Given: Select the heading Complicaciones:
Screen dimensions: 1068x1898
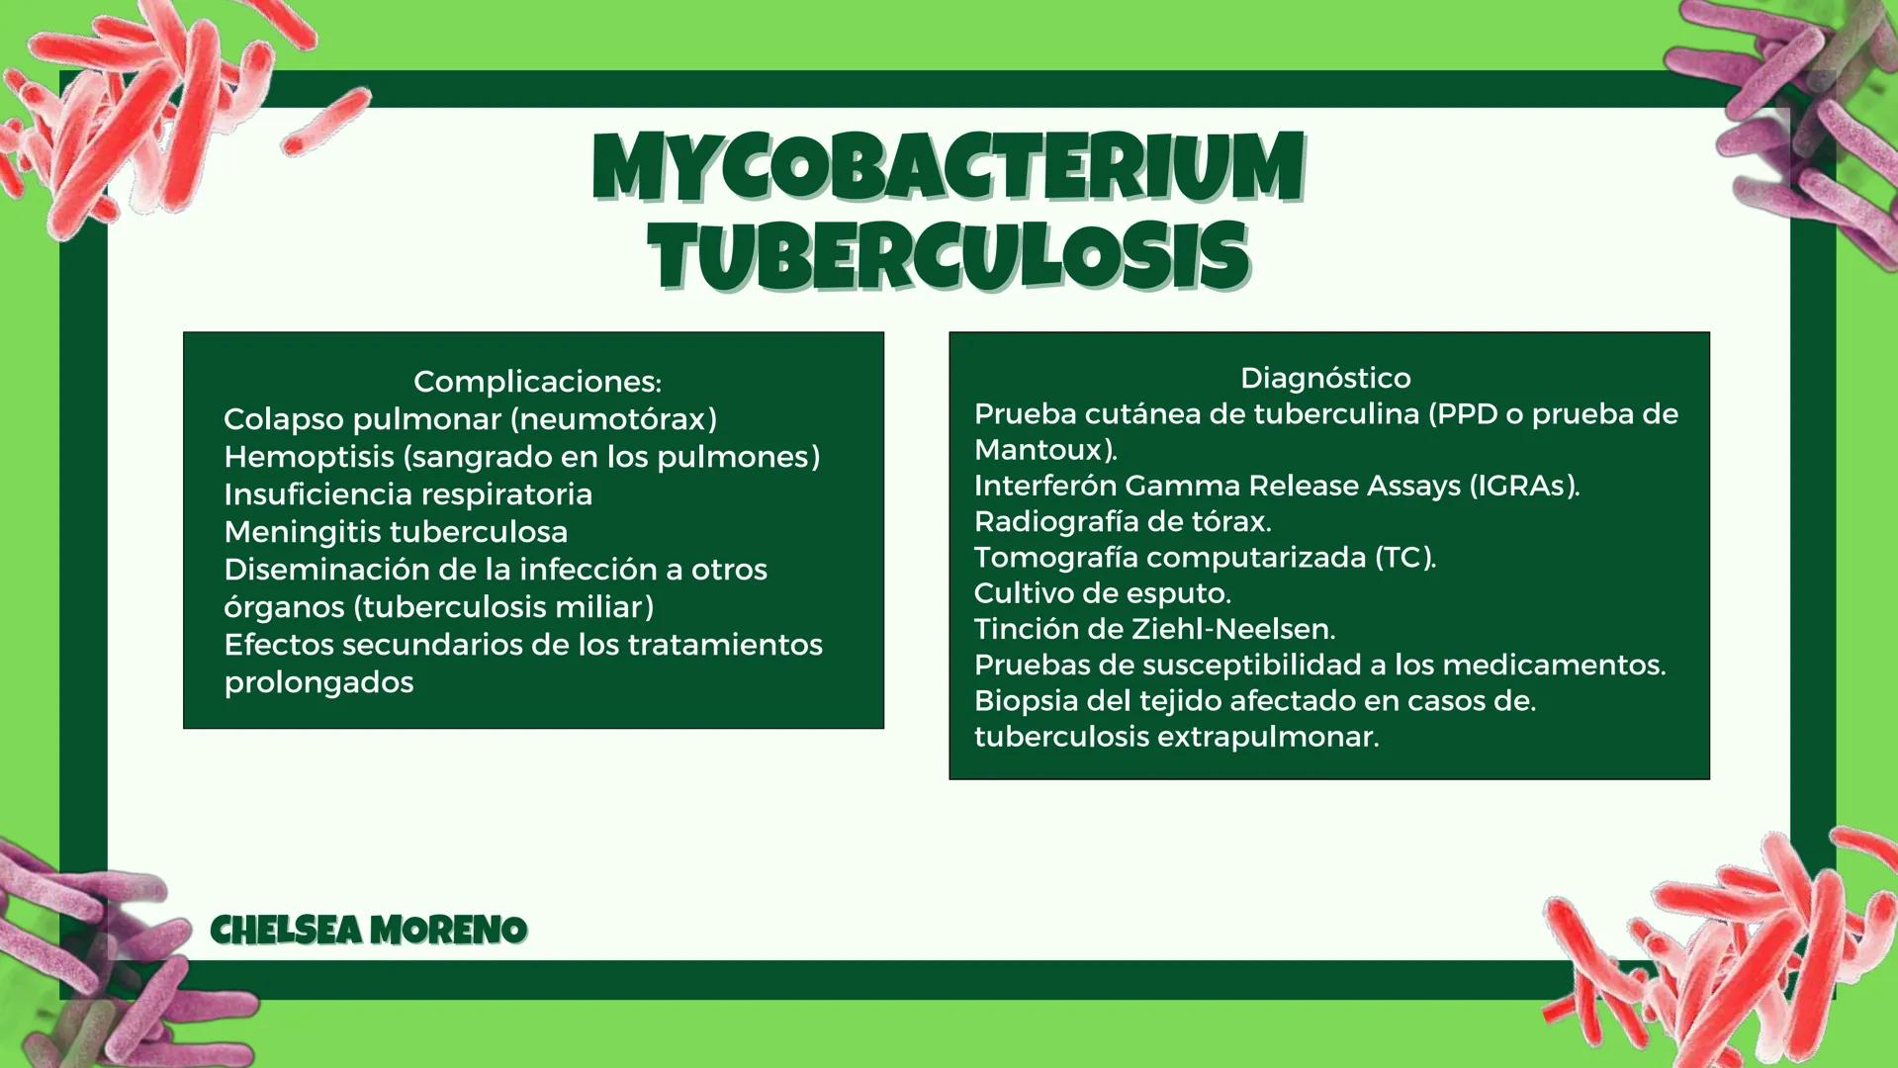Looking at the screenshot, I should click(537, 382).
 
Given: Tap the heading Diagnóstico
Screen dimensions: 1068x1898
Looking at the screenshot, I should click(1325, 378).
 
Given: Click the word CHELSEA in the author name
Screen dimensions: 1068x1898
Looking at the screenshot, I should click(287, 930).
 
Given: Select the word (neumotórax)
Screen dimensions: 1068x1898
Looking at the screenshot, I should click(614, 419).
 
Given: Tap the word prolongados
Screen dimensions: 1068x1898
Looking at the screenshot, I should click(318, 682).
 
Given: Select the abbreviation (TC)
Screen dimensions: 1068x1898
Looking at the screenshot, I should click(1404, 558).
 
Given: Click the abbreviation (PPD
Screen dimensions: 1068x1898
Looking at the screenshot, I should click(1463, 413).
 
